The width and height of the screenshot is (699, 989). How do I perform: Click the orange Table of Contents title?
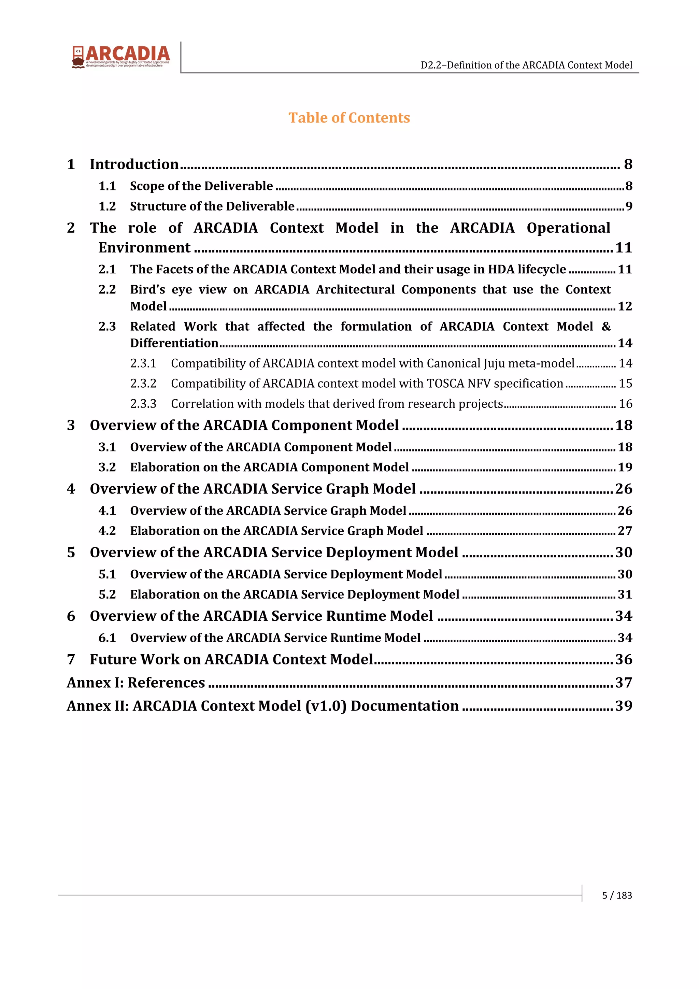click(349, 118)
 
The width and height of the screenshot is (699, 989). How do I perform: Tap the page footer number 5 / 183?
click(617, 895)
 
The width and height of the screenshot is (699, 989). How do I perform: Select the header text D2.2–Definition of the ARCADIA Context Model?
click(526, 65)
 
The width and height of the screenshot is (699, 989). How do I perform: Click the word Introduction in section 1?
click(134, 164)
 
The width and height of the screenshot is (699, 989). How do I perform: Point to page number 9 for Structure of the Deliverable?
click(628, 206)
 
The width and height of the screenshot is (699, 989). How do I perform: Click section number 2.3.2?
click(143, 383)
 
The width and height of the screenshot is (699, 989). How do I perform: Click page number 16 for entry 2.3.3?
click(625, 404)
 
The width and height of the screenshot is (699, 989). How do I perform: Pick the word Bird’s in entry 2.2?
click(147, 289)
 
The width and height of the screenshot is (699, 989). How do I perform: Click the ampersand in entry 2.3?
click(606, 327)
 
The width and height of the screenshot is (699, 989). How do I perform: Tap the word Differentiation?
click(174, 343)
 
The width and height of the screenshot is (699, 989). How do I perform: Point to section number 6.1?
click(107, 637)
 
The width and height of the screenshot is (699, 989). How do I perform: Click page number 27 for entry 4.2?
click(625, 531)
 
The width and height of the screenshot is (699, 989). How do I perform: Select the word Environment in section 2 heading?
click(144, 248)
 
